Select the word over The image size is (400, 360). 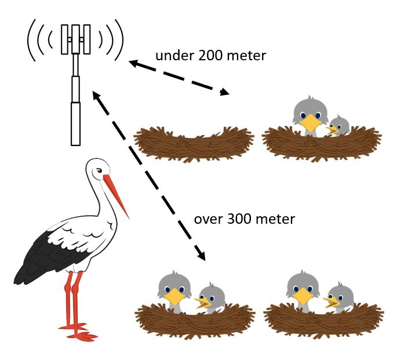(x=206, y=219)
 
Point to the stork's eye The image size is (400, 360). (x=99, y=170)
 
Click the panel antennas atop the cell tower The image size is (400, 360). (x=75, y=38)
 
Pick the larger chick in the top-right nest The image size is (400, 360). (x=310, y=115)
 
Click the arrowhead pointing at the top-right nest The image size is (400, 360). (x=224, y=91)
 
